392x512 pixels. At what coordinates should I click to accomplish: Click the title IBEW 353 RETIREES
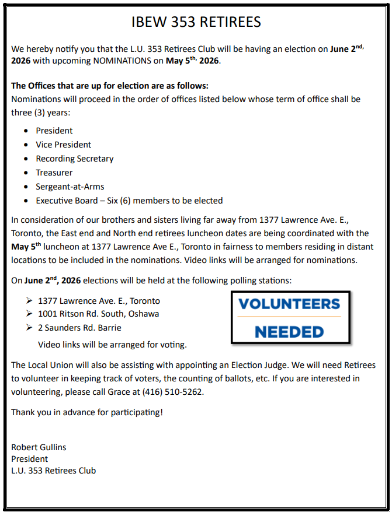pyautogui.click(x=196, y=22)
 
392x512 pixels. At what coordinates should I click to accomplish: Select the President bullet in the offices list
pyautogui.click(x=54, y=131)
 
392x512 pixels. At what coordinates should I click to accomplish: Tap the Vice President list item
pyautogui.click(x=64, y=145)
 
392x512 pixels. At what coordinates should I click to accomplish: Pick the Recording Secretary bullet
pyautogui.click(x=75, y=159)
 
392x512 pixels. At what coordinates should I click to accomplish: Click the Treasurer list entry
pyautogui.click(x=54, y=173)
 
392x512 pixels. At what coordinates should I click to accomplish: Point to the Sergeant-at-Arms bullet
pyautogui.click(x=70, y=187)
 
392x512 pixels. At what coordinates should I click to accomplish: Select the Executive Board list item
pyautogui.click(x=129, y=201)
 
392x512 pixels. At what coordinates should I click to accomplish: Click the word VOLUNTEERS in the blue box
pyautogui.click(x=289, y=304)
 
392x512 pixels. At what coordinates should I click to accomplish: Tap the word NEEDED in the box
pyautogui.click(x=289, y=332)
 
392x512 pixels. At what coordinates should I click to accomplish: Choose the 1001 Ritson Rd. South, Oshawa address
pyautogui.click(x=98, y=314)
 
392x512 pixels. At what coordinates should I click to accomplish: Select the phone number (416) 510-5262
pyautogui.click(x=174, y=392)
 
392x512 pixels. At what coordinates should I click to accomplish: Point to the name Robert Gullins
pyautogui.click(x=39, y=447)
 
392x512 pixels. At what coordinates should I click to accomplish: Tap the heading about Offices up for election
pyautogui.click(x=110, y=86)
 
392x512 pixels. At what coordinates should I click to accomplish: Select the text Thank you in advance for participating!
pyautogui.click(x=87, y=412)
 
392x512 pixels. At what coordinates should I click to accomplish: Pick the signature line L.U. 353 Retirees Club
pyautogui.click(x=53, y=471)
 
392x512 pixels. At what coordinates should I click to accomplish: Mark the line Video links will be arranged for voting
pyautogui.click(x=112, y=345)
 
